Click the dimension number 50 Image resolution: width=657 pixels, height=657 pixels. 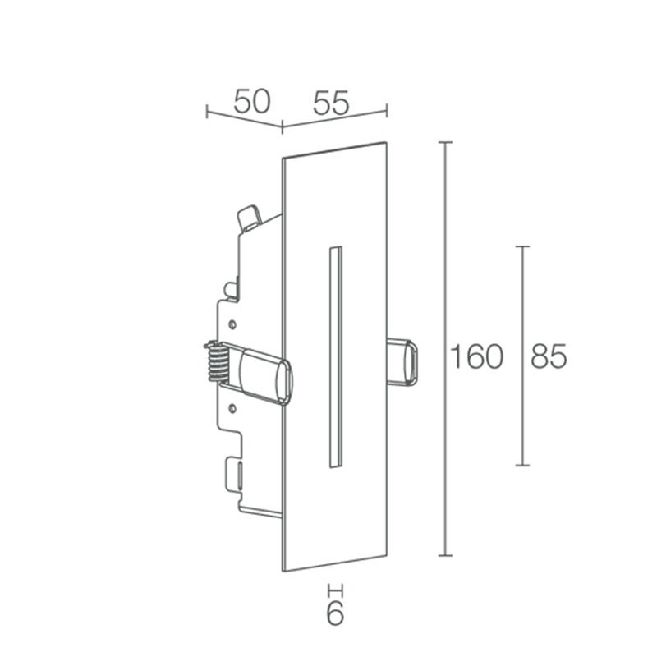(x=251, y=101)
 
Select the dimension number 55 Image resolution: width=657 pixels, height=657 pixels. (x=330, y=102)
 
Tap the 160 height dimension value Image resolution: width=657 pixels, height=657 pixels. (x=476, y=357)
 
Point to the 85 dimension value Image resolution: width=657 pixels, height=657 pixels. (x=549, y=357)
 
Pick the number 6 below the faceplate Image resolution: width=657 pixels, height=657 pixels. (x=334, y=613)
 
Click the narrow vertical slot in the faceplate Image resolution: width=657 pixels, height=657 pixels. (x=333, y=356)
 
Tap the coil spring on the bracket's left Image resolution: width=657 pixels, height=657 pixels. (x=215, y=361)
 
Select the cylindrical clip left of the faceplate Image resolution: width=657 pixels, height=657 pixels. (x=261, y=376)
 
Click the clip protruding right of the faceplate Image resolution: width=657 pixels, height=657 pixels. (x=403, y=361)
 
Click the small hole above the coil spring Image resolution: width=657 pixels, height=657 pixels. (x=233, y=323)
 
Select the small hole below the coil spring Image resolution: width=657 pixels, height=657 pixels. (x=233, y=405)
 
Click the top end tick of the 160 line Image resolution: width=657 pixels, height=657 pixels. (x=446, y=142)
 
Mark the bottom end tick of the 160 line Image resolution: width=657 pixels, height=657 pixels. (x=446, y=556)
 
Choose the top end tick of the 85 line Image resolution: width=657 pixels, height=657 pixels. (x=521, y=246)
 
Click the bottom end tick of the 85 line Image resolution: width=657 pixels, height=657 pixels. (x=521, y=466)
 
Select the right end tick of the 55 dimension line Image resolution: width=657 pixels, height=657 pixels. (x=387, y=109)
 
